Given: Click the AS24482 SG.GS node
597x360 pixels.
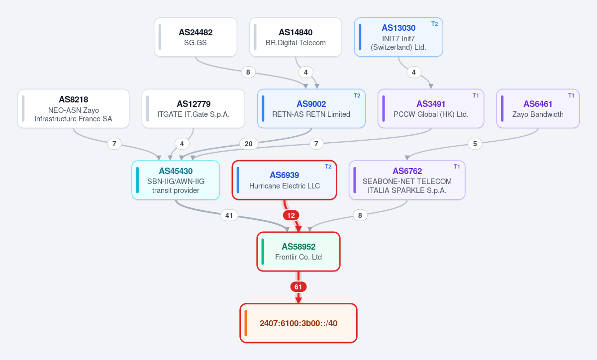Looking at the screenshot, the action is pyautogui.click(x=196, y=37).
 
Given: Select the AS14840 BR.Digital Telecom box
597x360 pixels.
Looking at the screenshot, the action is pyautogui.click(x=296, y=37).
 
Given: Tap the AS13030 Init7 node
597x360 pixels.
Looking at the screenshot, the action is pyautogui.click(x=398, y=37).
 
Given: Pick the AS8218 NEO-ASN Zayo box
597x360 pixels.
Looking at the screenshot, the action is pyautogui.click(x=73, y=108).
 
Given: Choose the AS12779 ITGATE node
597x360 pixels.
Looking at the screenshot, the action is pyautogui.click(x=193, y=108).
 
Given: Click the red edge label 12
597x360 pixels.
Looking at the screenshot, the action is pyautogui.click(x=291, y=215).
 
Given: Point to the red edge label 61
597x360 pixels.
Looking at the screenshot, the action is pyautogui.click(x=298, y=287).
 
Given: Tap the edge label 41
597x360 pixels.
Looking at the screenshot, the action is pyautogui.click(x=229, y=215).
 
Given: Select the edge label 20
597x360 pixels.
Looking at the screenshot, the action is pyautogui.click(x=249, y=144).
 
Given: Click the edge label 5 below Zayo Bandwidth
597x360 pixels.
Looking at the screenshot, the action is pyautogui.click(x=475, y=144).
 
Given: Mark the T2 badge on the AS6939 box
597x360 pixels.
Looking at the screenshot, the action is pyautogui.click(x=328, y=167).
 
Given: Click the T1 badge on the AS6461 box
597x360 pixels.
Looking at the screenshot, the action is pyautogui.click(x=571, y=95).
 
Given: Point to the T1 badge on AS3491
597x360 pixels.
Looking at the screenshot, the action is pyautogui.click(x=476, y=95).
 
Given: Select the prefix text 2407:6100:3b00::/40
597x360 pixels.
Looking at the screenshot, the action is pyautogui.click(x=298, y=323).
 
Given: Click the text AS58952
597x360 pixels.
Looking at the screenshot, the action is pyautogui.click(x=298, y=247).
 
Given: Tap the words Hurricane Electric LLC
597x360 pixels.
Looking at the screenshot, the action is pyautogui.click(x=285, y=186).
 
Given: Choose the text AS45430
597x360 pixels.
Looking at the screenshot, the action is pyautogui.click(x=176, y=171).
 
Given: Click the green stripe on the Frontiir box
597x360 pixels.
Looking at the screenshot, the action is pyautogui.click(x=263, y=252).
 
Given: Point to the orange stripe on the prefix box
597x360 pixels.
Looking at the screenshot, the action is pyautogui.click(x=246, y=323).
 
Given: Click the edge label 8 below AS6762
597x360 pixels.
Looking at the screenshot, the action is pyautogui.click(x=360, y=215).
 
